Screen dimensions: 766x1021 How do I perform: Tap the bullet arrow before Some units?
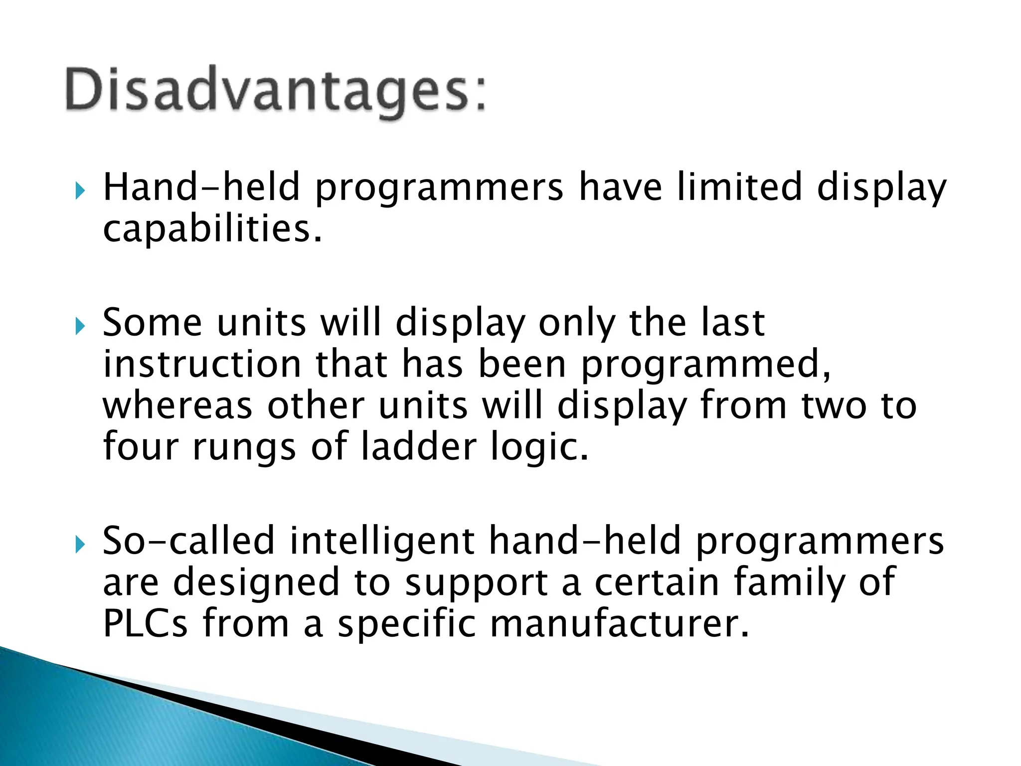[x=80, y=327]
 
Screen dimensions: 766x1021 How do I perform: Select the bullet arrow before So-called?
[x=80, y=545]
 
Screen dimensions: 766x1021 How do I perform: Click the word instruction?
[x=202, y=364]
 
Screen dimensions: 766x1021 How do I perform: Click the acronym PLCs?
[x=145, y=623]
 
